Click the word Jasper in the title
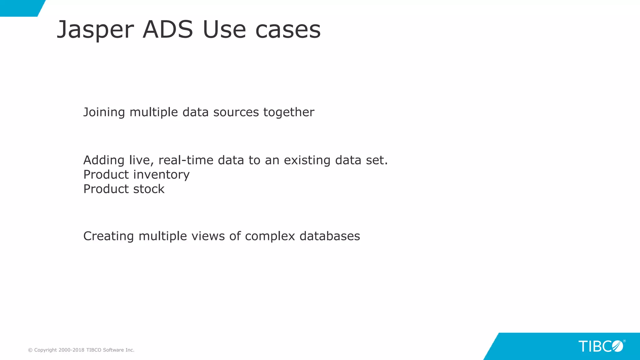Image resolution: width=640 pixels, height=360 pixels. coord(95,30)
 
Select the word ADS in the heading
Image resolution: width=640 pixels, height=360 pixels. coord(168,30)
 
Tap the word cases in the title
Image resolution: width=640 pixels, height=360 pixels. coord(288,30)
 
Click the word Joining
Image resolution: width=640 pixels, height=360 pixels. coord(104,112)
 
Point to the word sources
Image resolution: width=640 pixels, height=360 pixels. coord(236,112)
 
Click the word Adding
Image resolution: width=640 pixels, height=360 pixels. coord(104,160)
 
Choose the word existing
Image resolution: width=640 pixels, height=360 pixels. coord(307,160)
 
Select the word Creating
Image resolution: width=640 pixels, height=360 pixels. coord(108,236)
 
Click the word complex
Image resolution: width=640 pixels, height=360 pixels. coord(270,237)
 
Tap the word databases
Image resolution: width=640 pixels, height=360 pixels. coord(330,236)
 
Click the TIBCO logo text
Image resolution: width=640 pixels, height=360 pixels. coord(600,346)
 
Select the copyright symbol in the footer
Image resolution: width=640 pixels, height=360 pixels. coord(30,350)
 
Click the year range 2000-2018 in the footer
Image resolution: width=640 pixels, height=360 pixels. coord(71,350)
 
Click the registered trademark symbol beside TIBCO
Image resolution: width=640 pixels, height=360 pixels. coord(624,341)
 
